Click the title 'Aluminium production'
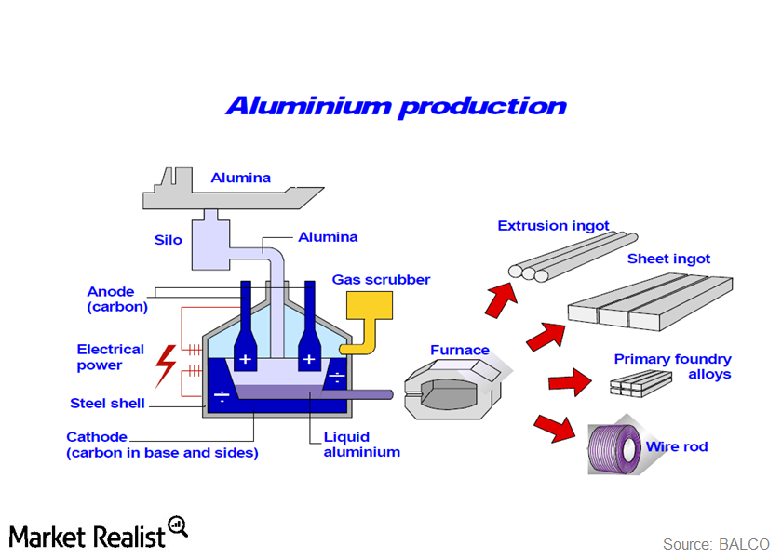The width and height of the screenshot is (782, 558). (x=396, y=106)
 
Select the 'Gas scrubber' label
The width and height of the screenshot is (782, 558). (x=381, y=279)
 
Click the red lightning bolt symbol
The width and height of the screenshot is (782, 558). (x=168, y=364)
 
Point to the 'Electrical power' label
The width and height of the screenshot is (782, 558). (x=110, y=357)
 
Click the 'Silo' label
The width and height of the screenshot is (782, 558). (x=169, y=239)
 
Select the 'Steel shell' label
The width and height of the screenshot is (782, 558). (x=107, y=403)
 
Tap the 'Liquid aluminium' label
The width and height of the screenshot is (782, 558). (x=361, y=445)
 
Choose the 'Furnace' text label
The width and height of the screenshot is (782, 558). (x=459, y=350)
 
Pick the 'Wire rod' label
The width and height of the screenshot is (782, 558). (x=677, y=446)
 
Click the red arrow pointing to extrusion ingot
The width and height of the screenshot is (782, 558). (x=503, y=295)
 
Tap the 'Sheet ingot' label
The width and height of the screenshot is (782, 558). (x=668, y=259)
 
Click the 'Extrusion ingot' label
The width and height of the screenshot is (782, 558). (x=553, y=225)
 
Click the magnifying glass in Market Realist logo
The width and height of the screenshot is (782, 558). (x=178, y=527)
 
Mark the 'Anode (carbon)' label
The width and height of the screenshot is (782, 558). (x=117, y=299)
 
